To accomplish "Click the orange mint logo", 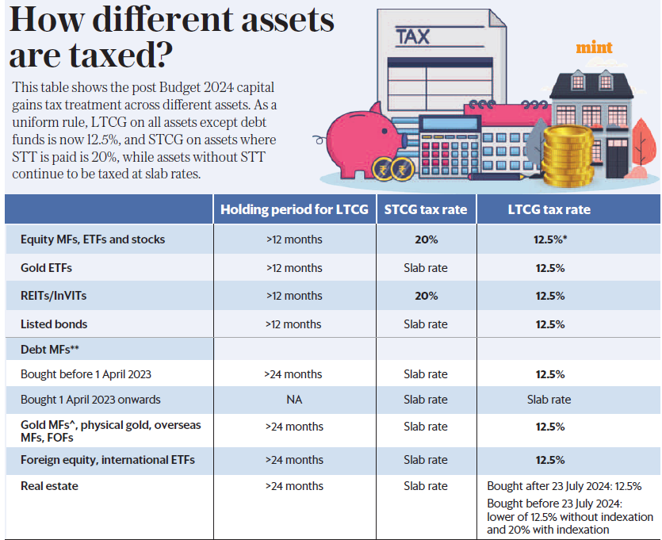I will click(595, 48).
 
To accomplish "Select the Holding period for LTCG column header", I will click(294, 209).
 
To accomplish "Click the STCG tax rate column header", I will click(425, 209).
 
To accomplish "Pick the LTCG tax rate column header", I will click(549, 209).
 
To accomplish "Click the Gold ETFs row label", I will click(46, 268).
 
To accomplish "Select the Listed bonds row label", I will click(54, 324).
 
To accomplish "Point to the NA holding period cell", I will click(294, 400).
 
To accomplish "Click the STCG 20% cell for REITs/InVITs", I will click(425, 296).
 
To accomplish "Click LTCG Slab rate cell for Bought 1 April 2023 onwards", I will click(549, 400).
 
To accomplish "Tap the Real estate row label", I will click(49, 486).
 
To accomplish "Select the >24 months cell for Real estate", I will click(294, 486).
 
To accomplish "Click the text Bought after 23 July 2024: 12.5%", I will click(564, 486).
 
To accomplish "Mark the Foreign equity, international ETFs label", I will click(107, 460).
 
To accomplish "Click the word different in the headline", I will click(151, 20).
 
